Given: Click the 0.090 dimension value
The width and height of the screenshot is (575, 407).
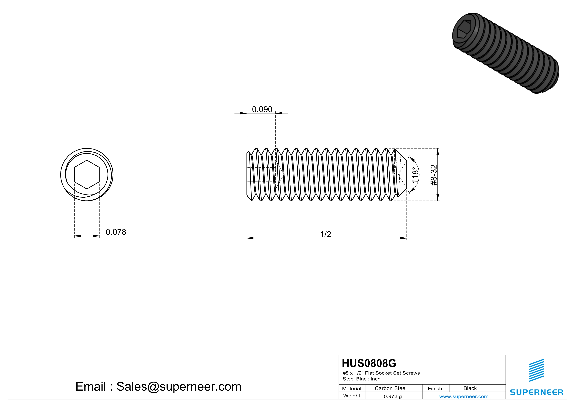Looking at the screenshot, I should point(262,109).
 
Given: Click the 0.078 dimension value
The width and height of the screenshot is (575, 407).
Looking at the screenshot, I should point(116,232).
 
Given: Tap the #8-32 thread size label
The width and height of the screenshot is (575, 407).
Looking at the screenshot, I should point(434,175).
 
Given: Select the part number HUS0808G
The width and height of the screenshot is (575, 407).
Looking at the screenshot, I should point(369,363).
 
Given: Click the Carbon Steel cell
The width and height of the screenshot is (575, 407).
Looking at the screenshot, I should point(390,388).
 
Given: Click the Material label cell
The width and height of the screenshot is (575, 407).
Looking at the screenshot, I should point(352,388).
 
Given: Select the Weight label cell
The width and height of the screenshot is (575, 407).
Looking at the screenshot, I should point(352,396).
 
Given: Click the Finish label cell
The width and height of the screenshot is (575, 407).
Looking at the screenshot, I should point(435,388).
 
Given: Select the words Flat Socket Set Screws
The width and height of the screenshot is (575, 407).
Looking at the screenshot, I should point(392,373).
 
